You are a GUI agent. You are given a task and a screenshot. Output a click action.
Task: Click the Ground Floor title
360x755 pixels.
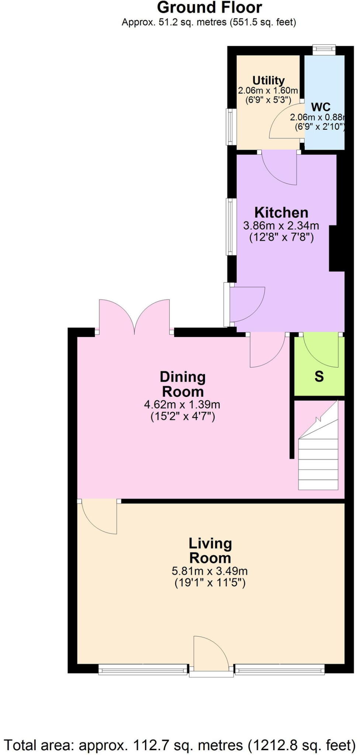point(209,7)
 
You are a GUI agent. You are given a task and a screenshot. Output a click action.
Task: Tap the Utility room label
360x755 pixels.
point(268,80)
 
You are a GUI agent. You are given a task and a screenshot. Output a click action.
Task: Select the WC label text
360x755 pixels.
point(321,107)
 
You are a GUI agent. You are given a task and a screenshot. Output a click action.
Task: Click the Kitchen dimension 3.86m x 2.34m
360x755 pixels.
point(281,225)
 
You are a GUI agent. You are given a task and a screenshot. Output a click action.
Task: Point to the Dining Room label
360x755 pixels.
point(183,384)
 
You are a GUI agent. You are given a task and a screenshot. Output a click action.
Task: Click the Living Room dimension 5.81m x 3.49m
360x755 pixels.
point(209,571)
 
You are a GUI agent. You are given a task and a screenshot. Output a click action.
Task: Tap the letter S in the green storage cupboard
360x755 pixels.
point(319,377)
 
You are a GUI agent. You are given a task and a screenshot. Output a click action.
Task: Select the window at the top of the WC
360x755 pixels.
point(324,50)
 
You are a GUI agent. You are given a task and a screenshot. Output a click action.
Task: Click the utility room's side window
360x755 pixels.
point(231,127)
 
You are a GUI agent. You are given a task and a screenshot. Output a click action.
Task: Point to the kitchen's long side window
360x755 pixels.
point(231,227)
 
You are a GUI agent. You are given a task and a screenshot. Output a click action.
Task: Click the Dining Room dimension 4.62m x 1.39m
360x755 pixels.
point(182,405)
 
